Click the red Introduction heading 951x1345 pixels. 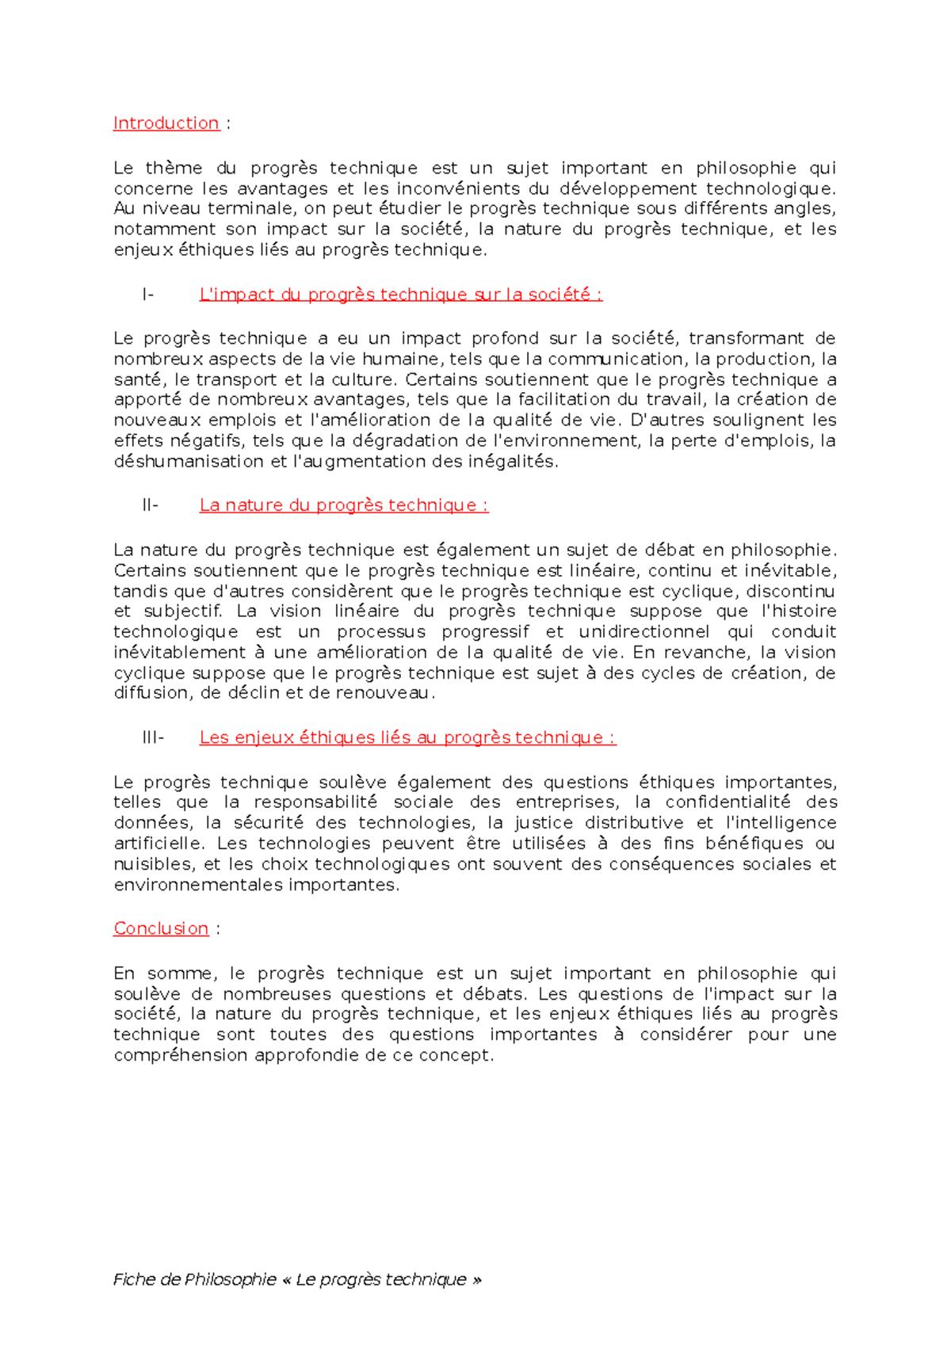[x=166, y=124]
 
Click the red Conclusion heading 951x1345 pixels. [x=161, y=928]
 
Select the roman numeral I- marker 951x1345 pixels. [x=147, y=295]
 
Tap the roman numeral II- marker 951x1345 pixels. [x=150, y=505]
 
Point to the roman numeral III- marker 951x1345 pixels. [x=153, y=737]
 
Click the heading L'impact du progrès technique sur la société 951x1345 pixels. [x=400, y=295]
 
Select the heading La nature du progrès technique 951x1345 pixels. [x=343, y=505]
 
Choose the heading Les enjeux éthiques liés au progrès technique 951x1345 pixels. [x=407, y=737]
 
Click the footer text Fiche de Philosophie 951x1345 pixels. [x=195, y=1279]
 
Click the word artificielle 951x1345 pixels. [x=158, y=844]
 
